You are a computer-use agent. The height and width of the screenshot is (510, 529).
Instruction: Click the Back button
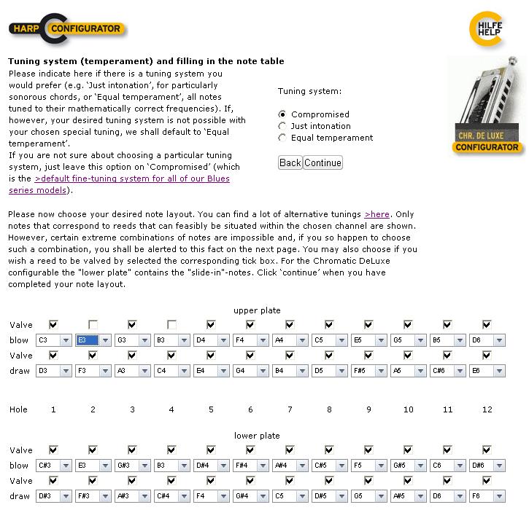point(290,162)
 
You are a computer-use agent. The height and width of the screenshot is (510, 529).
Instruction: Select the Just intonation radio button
point(282,126)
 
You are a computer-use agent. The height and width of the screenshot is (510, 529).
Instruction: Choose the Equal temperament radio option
point(282,138)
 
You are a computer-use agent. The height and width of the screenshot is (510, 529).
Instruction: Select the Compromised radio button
point(282,114)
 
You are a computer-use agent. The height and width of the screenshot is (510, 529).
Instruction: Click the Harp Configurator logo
point(67,29)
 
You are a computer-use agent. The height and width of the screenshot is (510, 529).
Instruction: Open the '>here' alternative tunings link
point(377,214)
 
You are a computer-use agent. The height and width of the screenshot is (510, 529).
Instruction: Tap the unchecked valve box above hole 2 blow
point(93,325)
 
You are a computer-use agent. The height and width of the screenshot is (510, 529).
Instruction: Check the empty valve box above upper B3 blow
point(171,325)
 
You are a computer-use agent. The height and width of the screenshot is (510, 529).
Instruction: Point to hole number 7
point(290,409)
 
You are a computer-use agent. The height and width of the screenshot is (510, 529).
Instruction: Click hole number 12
point(487,409)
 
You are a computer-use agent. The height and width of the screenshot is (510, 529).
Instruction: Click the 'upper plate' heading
point(257,310)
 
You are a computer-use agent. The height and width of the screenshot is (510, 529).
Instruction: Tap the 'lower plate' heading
point(257,436)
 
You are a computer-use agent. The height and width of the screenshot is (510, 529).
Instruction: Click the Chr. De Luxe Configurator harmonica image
point(487,105)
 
